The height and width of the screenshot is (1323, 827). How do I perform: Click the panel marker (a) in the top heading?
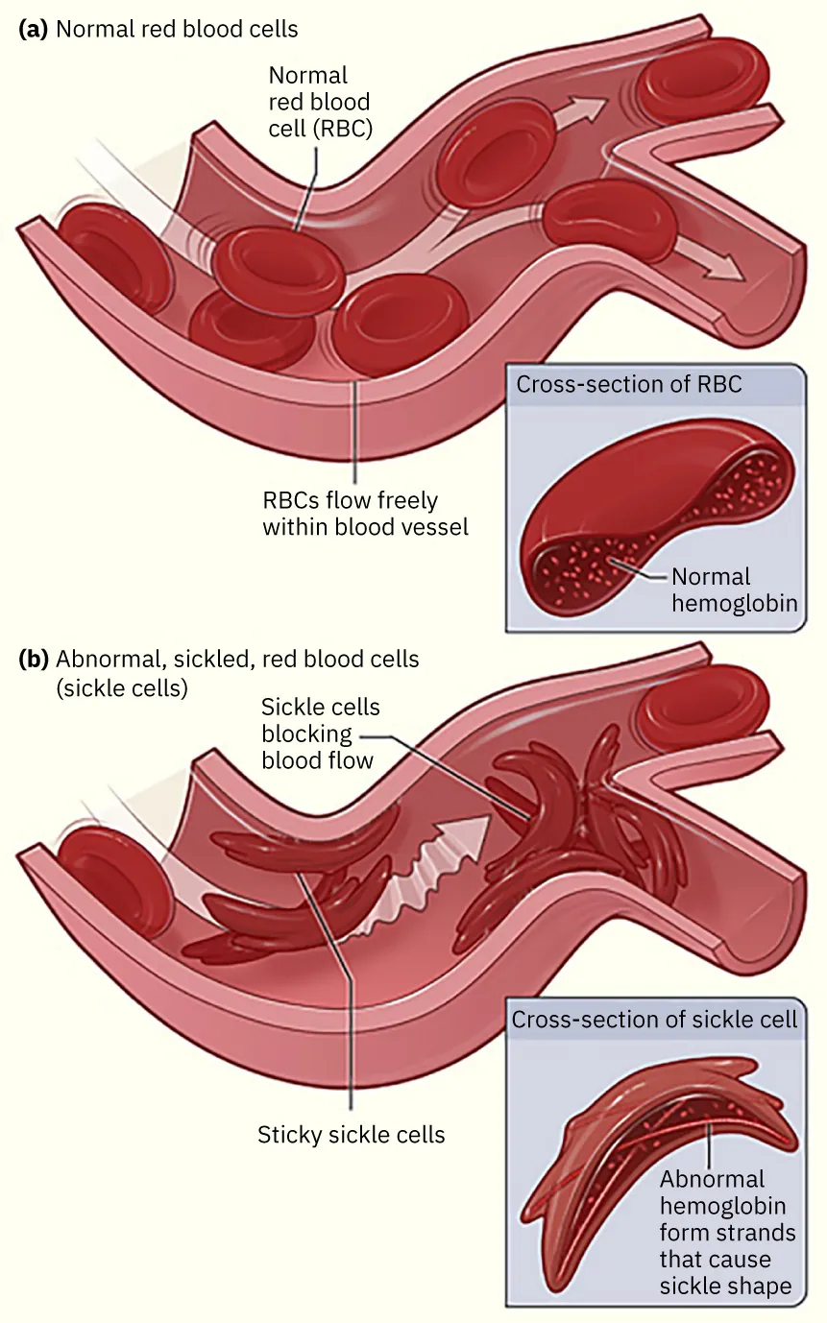click(34, 29)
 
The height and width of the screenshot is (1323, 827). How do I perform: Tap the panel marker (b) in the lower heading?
click(34, 660)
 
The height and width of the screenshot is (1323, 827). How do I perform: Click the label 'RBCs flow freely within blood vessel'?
click(365, 514)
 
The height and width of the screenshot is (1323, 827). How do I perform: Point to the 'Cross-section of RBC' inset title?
click(629, 385)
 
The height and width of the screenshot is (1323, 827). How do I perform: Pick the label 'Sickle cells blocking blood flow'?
click(321, 734)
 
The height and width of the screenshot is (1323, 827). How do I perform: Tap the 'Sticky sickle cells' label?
click(351, 1135)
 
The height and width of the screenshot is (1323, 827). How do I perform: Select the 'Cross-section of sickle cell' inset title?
click(654, 1019)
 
